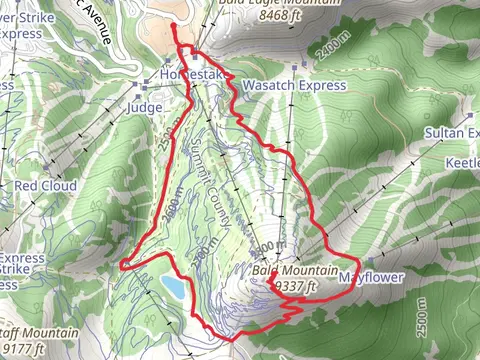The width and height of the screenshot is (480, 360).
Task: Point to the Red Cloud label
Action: pos(47,186)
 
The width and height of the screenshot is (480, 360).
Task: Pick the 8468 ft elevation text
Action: pos(252,16)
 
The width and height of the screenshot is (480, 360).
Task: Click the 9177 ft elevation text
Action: pos(23,349)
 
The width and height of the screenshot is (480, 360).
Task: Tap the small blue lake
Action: pos(173,288)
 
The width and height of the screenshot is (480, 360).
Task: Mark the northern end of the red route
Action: pos(174,24)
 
